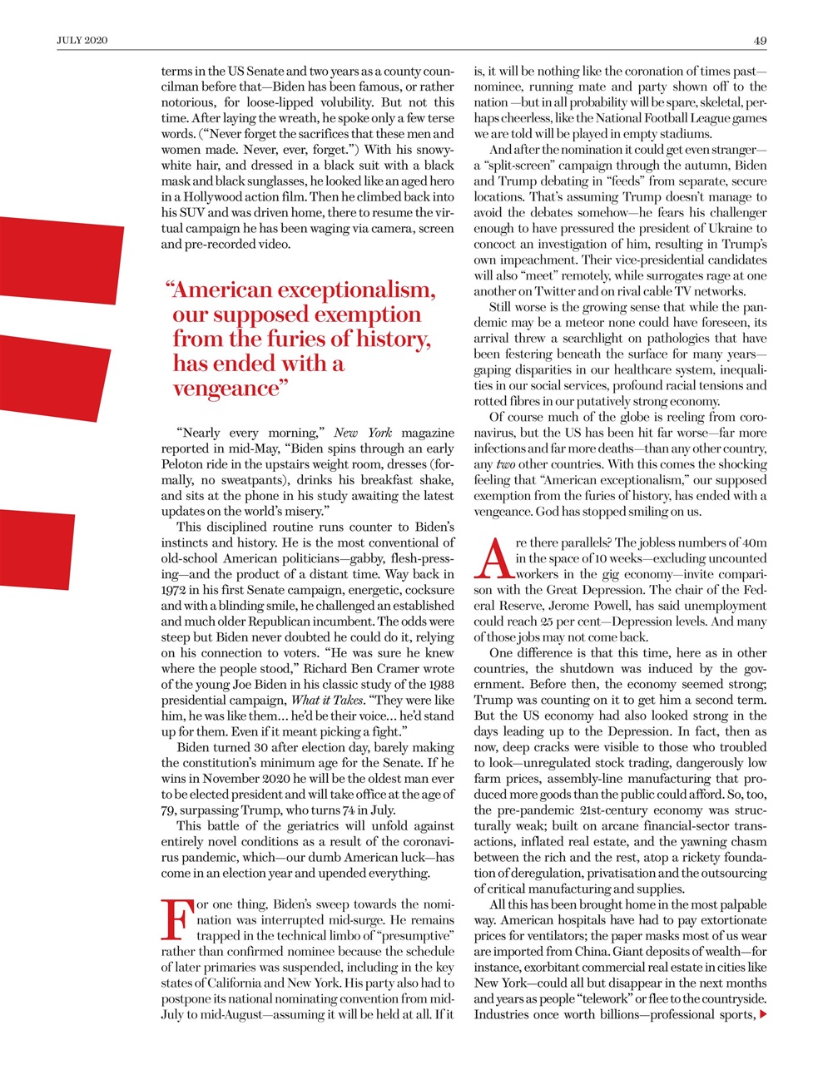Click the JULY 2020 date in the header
pos(82,40)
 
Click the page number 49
pos(760,40)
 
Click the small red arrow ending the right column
pos(763,1014)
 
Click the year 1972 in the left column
pos(176,590)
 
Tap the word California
pos(244,983)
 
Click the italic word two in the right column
pos(505,464)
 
